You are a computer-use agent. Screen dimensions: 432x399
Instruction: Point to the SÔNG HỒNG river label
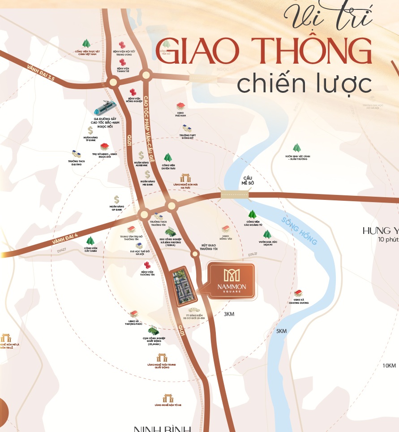click(x=300, y=231)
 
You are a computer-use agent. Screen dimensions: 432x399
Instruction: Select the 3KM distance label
click(x=229, y=314)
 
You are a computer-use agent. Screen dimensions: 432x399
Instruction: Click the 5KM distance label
click(x=281, y=331)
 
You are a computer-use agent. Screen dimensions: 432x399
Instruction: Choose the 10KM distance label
click(x=389, y=366)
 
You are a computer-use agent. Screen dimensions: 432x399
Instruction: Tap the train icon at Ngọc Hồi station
click(x=105, y=108)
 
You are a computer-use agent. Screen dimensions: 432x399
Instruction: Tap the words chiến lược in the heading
click(x=305, y=84)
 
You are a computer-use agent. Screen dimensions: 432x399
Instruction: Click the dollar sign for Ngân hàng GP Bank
click(x=116, y=199)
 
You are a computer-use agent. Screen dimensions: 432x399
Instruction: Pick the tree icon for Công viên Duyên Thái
click(x=168, y=157)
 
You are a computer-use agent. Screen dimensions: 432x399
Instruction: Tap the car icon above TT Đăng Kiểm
click(x=194, y=310)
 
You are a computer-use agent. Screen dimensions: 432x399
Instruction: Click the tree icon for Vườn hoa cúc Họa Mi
click(x=267, y=234)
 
